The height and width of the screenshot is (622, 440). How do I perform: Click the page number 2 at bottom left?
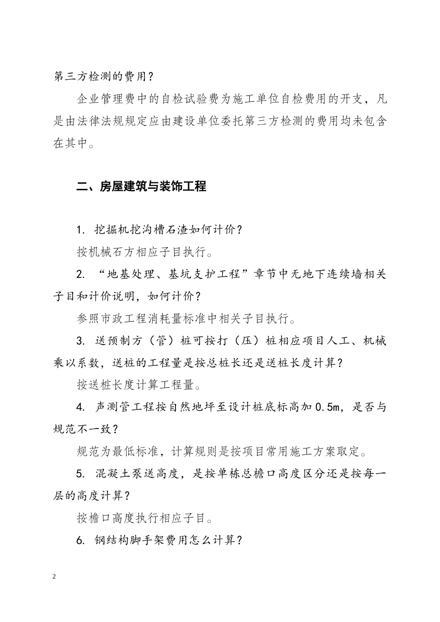coord(55,577)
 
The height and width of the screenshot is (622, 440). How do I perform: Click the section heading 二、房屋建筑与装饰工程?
coord(141,187)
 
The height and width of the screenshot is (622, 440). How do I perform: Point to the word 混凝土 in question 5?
coord(112,474)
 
